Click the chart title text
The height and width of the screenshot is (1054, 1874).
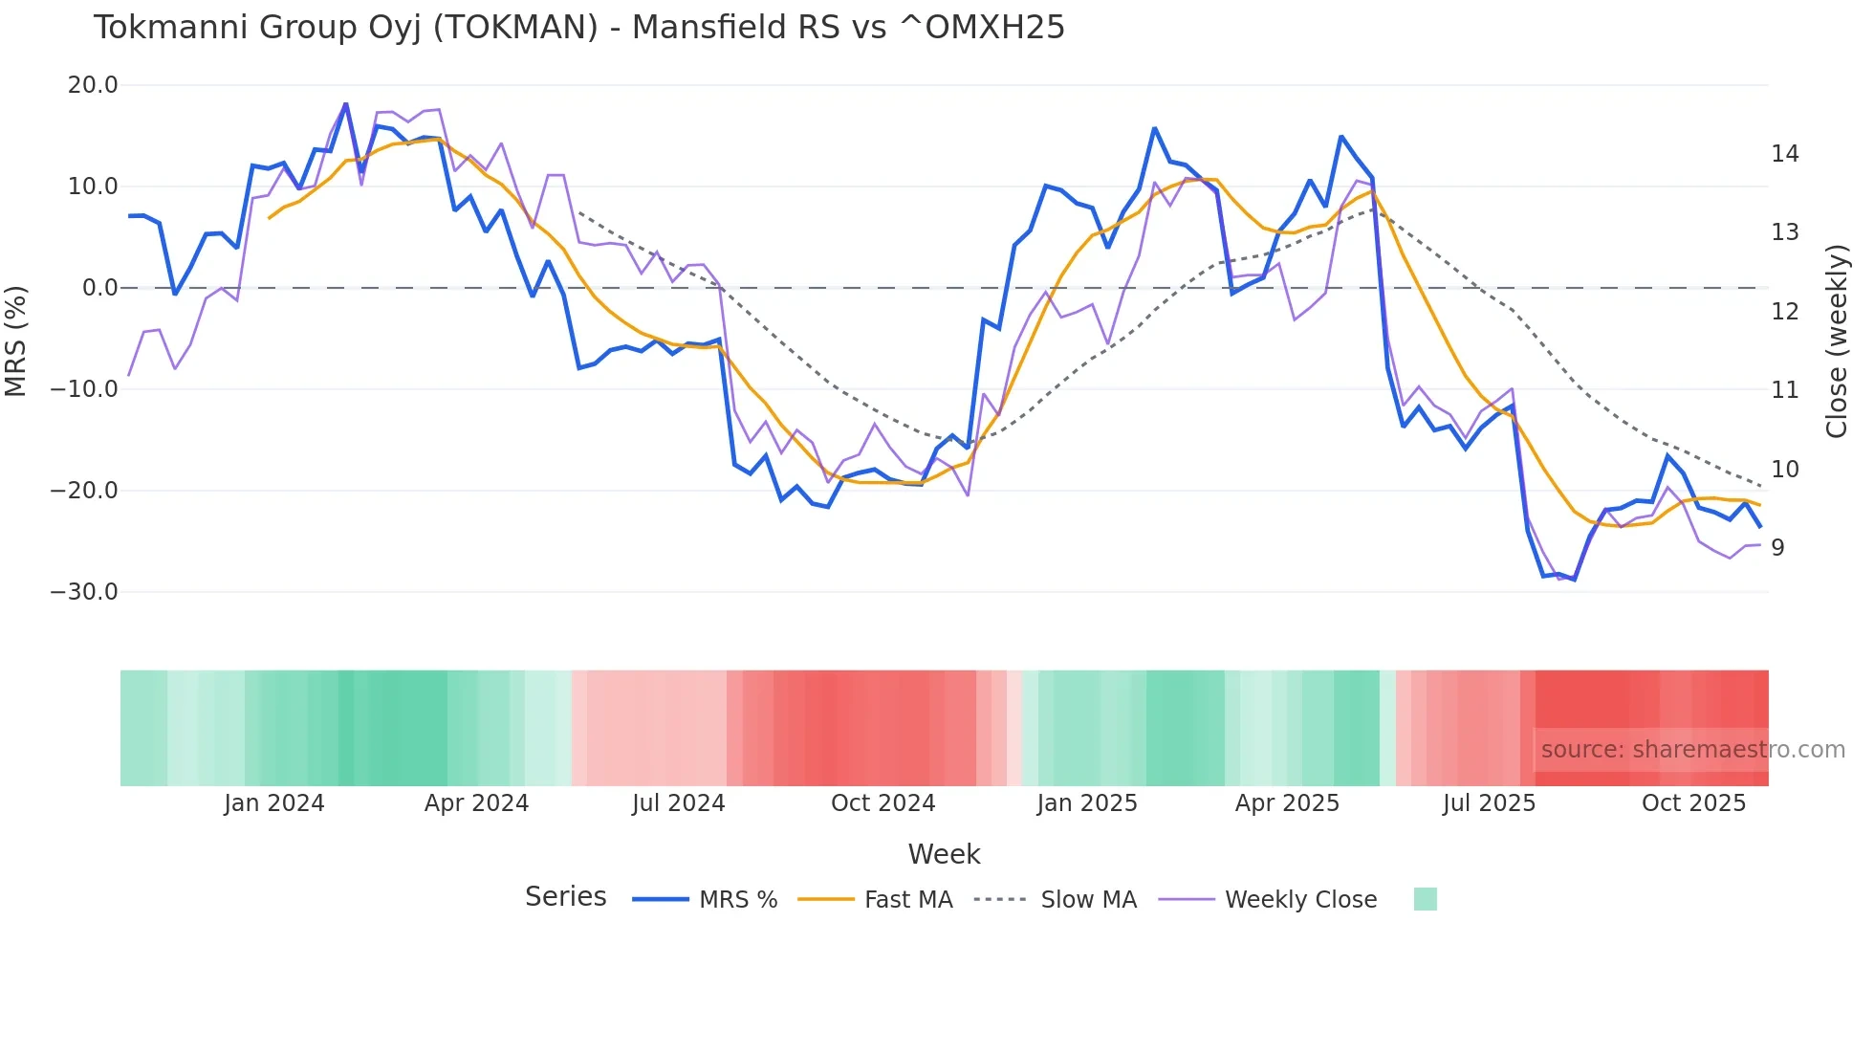(x=578, y=28)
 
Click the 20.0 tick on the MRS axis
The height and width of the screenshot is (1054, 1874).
(x=93, y=85)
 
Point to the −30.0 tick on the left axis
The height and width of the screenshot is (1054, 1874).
(x=84, y=592)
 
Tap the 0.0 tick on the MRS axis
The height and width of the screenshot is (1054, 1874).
(x=99, y=288)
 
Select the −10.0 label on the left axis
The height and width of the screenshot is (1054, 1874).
(x=84, y=389)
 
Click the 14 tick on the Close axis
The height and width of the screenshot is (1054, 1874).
(x=1784, y=154)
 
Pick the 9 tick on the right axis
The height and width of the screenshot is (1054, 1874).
(x=1777, y=548)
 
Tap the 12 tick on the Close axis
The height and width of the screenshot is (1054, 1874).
(x=1784, y=312)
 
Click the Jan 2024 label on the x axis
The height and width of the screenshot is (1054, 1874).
(x=274, y=803)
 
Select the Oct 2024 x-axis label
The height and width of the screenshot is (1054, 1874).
(x=883, y=803)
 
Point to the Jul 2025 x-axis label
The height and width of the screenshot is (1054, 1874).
(x=1489, y=803)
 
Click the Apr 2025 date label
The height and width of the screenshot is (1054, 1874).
(x=1287, y=803)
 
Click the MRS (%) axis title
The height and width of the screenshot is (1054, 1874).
(x=16, y=340)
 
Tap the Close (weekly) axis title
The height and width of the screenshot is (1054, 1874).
(x=1836, y=341)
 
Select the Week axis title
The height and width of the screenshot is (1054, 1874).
(x=944, y=854)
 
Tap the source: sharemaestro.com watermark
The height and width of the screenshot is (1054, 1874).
(x=1692, y=750)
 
